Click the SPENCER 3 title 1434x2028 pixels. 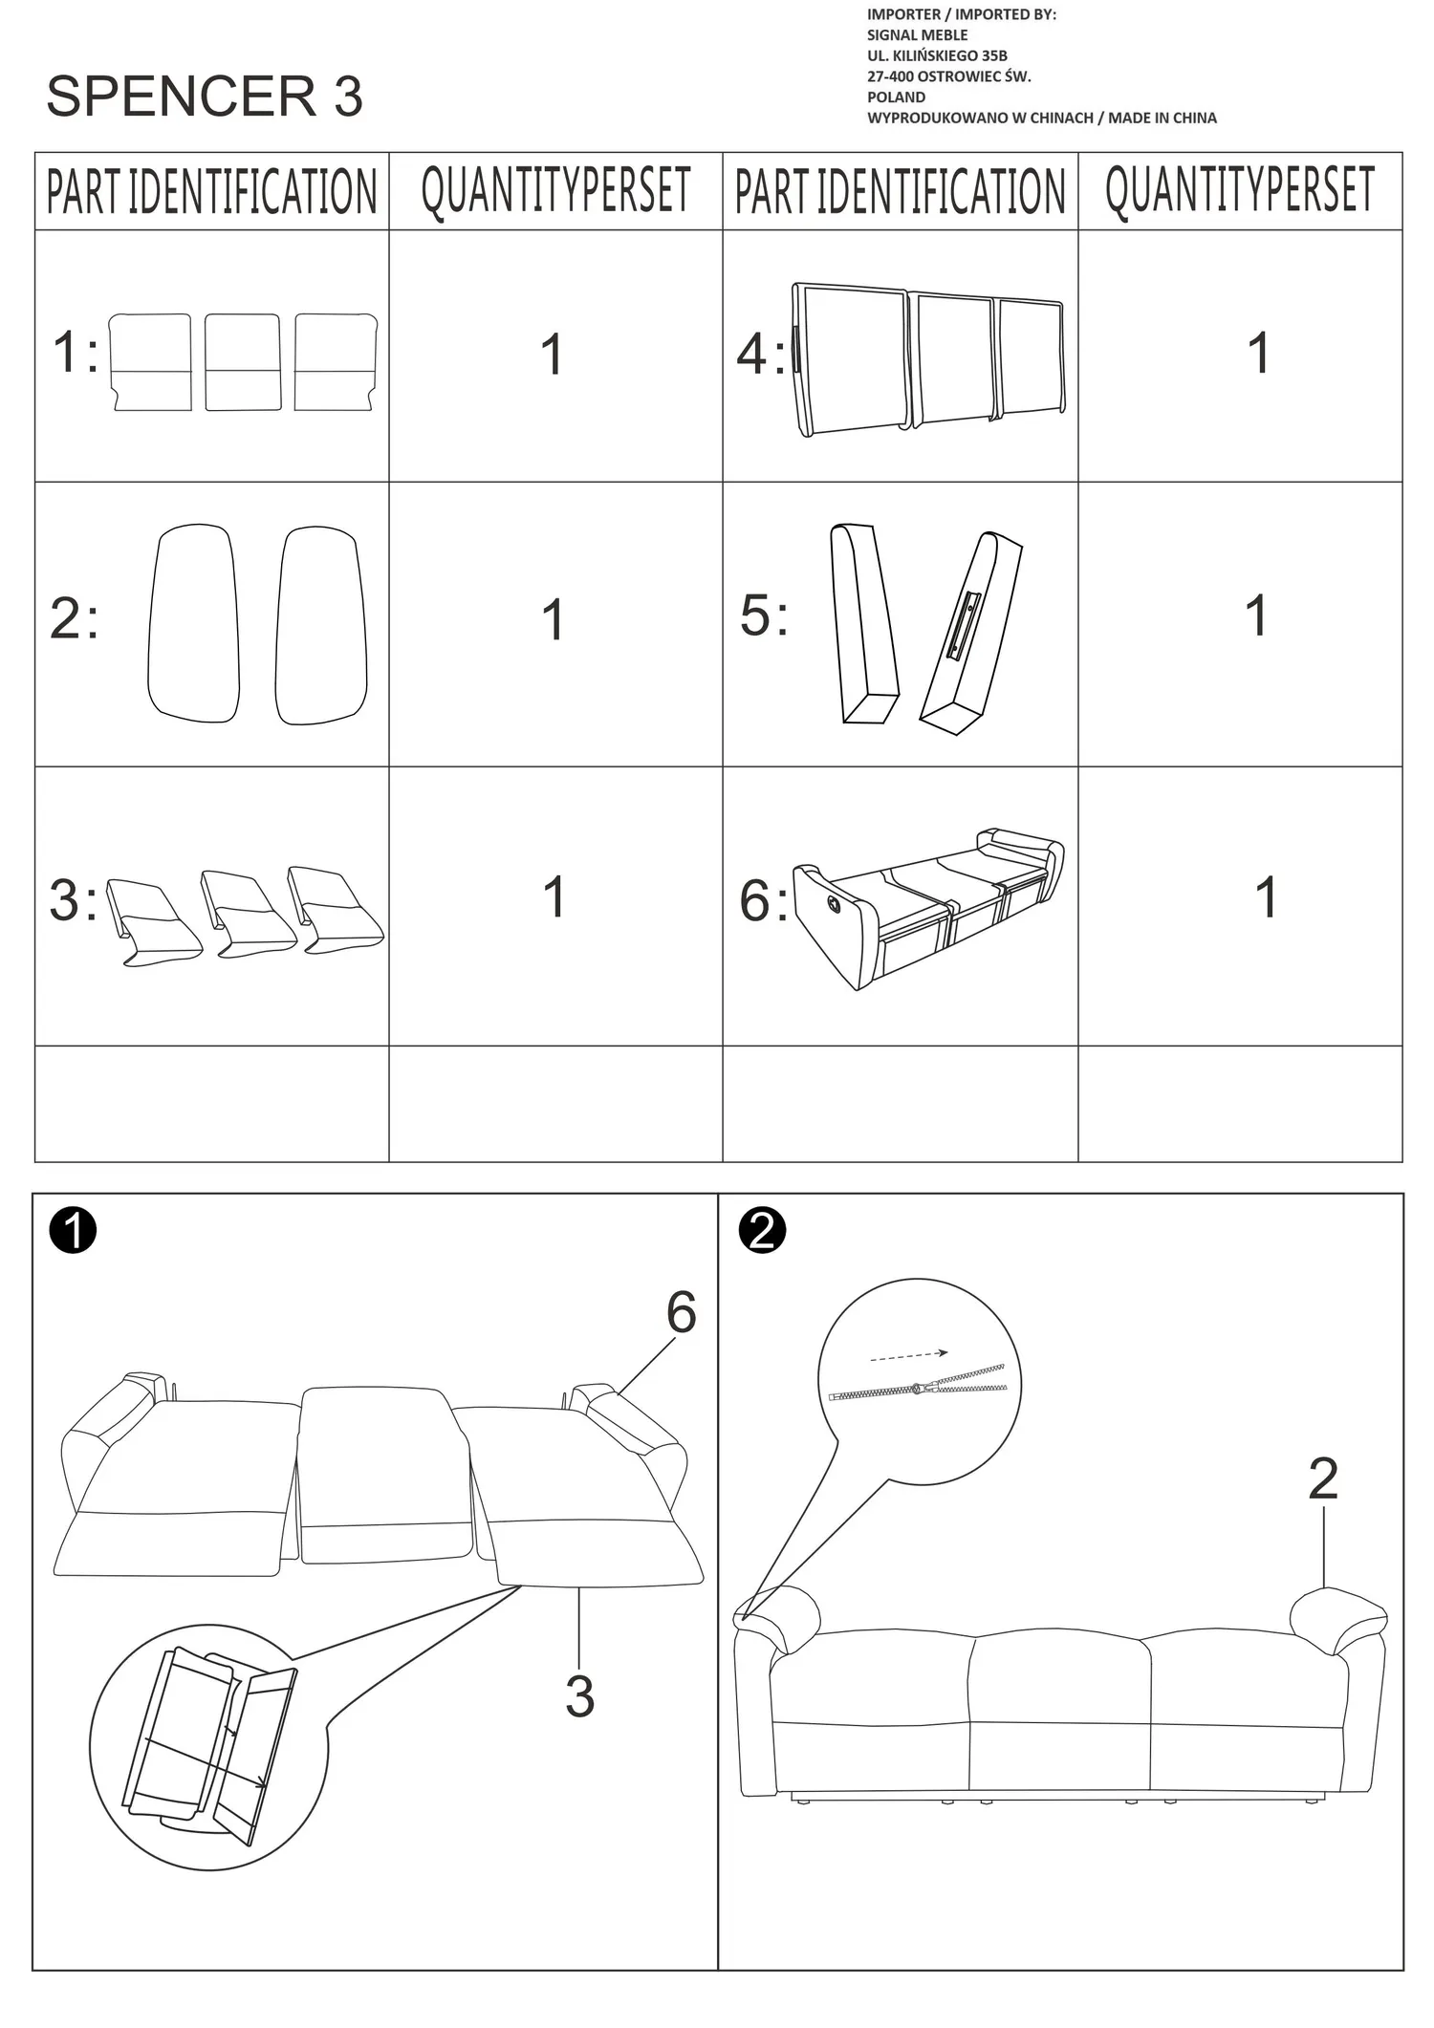click(x=205, y=97)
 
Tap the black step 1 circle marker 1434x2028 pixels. click(x=74, y=1230)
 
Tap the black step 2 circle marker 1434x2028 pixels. click(x=762, y=1230)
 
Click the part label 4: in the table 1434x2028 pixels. click(x=760, y=354)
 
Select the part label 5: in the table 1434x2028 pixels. click(x=764, y=615)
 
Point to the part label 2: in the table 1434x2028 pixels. click(x=74, y=618)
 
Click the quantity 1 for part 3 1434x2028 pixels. click(x=554, y=896)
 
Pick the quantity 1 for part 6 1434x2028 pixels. click(x=1266, y=897)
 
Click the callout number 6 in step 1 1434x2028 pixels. click(x=681, y=1312)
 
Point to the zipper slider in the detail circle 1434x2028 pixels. click(x=918, y=1388)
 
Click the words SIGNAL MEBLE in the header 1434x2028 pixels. click(x=918, y=35)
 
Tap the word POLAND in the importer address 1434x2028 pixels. click(x=896, y=97)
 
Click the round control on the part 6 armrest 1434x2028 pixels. click(x=833, y=902)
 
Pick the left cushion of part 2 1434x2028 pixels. click(x=193, y=622)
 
